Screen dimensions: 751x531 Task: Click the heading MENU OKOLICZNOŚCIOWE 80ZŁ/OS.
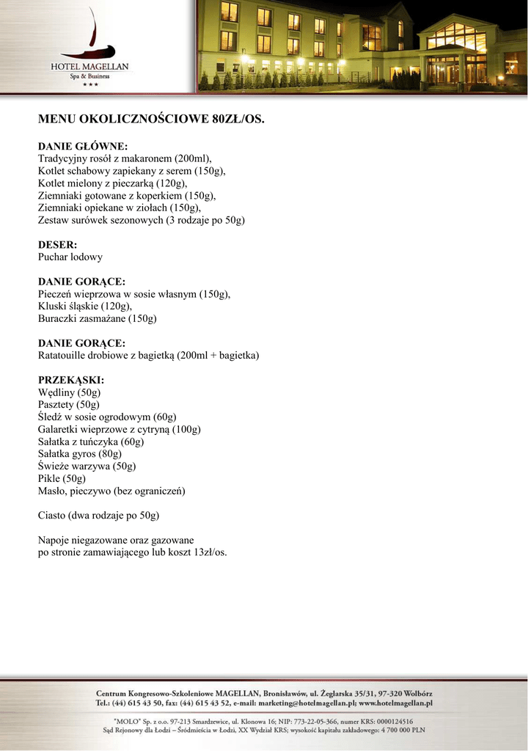[150, 118]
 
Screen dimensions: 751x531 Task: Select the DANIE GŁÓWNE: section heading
[83, 146]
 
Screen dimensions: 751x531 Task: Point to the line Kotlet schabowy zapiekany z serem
[131, 171]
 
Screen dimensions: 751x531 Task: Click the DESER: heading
[57, 245]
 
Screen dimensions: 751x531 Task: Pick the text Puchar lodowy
[70, 257]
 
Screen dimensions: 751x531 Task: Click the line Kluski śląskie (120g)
[85, 307]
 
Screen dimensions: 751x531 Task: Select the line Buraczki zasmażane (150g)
[97, 319]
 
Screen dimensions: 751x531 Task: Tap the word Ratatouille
[66, 356]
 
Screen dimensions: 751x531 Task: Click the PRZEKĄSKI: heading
[70, 381]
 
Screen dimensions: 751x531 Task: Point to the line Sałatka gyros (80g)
[80, 454]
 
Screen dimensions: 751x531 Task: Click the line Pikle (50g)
[62, 479]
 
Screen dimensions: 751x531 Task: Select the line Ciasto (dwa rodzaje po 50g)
[98, 516]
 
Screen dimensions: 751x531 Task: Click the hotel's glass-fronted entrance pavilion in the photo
[456, 55]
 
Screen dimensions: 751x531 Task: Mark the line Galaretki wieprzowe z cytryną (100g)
[119, 430]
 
